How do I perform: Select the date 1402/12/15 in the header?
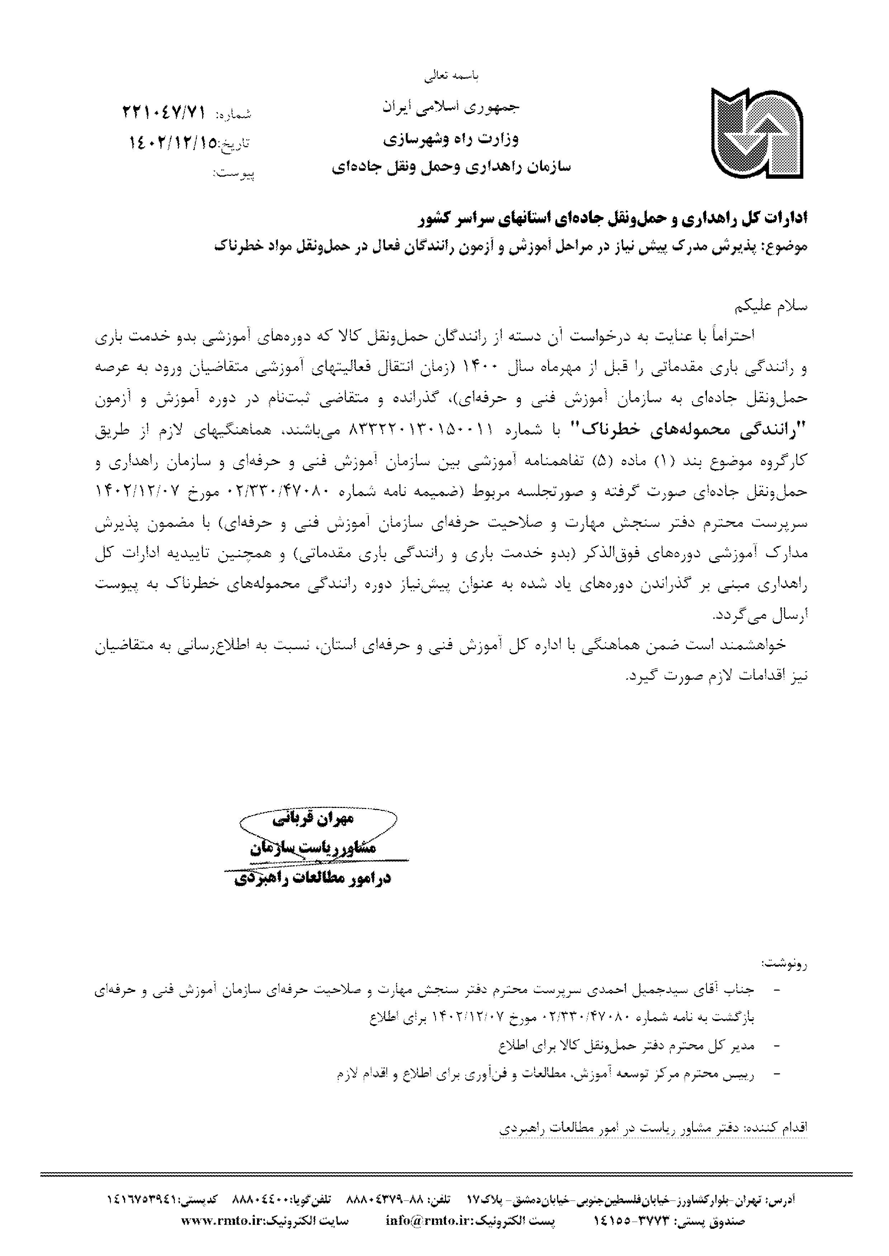[x=173, y=143]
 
